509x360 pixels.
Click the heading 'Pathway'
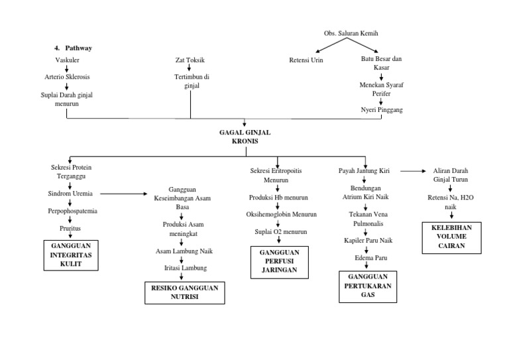78,48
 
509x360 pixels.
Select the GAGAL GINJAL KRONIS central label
245,137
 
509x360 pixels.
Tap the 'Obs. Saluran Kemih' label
351,33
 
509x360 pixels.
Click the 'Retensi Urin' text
306,60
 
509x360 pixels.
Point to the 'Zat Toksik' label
190,60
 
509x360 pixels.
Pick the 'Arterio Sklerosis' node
67,78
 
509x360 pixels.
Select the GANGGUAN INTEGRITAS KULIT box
71,255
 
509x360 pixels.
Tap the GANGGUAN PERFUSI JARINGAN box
274,261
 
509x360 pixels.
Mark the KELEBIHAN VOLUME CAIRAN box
451,237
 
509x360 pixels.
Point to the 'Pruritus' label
68,228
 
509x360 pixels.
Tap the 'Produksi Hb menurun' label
275,198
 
